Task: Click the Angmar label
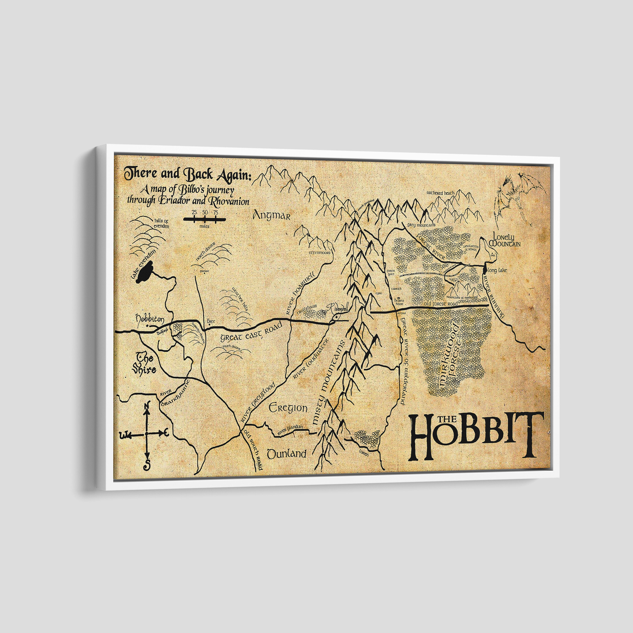click(x=272, y=216)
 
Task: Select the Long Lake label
click(x=497, y=270)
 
